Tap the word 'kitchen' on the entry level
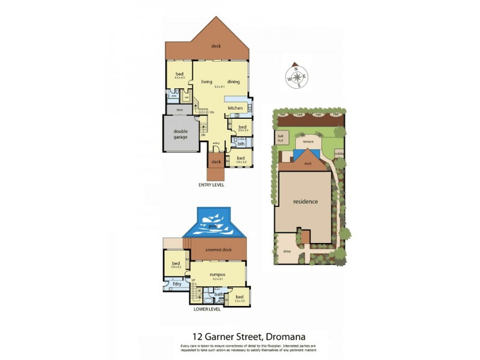click(x=235, y=108)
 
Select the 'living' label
click(x=206, y=82)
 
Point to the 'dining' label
click(x=233, y=82)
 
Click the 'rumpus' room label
click(x=217, y=274)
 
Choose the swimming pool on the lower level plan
click(x=214, y=224)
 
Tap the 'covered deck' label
click(x=218, y=249)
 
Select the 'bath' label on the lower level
click(x=219, y=294)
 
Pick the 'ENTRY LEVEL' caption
click(x=211, y=185)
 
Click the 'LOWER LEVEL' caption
click(x=207, y=310)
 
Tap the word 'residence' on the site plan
click(x=305, y=202)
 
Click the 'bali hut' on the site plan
click(x=280, y=138)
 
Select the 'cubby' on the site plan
click(x=339, y=154)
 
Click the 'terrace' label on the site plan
click(x=308, y=142)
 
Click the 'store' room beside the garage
click(x=179, y=110)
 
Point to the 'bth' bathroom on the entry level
click(x=241, y=144)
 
